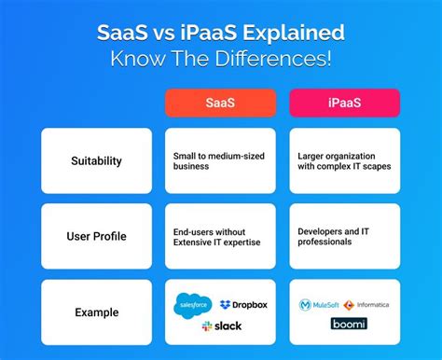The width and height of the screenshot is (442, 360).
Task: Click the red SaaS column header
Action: [222, 104]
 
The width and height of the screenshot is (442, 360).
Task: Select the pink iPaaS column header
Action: [345, 104]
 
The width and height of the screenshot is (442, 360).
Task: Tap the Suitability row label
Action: [96, 160]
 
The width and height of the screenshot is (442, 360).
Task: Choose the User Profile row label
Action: [96, 236]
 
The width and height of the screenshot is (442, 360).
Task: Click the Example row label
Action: [96, 312]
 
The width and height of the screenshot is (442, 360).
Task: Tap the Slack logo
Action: [222, 325]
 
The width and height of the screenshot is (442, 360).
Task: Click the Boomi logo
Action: [348, 325]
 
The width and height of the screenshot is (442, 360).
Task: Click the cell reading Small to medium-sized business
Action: [222, 160]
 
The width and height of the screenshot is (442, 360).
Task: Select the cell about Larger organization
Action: [345, 160]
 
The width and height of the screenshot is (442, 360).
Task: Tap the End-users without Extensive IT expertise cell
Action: [222, 236]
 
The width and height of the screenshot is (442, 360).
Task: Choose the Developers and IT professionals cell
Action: [345, 236]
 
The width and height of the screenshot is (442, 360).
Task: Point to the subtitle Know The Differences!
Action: [221, 60]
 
